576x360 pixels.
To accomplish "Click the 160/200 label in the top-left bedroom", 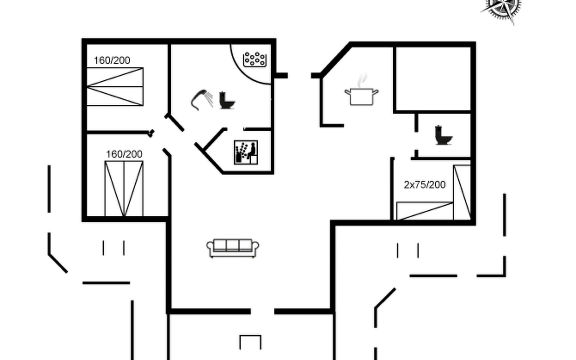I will pos(112,61).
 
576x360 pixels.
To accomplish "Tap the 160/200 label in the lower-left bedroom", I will pos(124,154).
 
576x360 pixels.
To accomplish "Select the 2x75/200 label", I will pos(424,185).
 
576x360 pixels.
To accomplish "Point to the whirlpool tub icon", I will pos(255,59).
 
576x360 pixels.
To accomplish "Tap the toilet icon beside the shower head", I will pos(226,100).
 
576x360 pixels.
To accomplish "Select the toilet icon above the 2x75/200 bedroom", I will pos(443,135).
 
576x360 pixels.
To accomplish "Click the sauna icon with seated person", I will pos(246,152).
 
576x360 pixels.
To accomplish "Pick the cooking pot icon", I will pos(361,96).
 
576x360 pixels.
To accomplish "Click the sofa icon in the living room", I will pos(232,248).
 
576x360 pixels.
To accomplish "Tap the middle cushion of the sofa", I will pos(232,245).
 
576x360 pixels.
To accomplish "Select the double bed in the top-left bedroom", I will pos(115,87).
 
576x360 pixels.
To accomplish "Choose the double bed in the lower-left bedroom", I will pos(124,188).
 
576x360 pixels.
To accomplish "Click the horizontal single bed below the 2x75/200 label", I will pos(424,211).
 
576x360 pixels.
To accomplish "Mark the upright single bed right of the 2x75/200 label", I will pos(462,192).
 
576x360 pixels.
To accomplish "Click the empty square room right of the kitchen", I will pos(433,79).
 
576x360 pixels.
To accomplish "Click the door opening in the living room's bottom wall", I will pos(262,312).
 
